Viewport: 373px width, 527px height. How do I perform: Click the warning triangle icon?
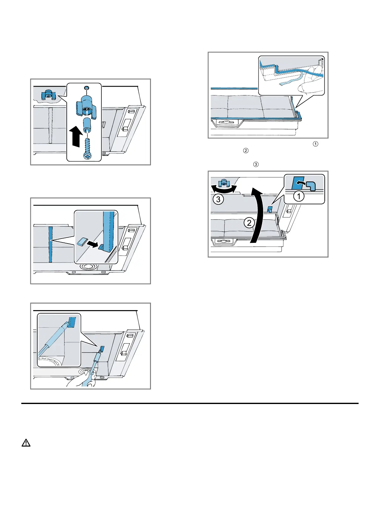[26, 443]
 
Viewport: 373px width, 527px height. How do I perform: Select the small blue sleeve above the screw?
[86, 125]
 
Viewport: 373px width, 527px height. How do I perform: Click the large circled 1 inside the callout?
[298, 196]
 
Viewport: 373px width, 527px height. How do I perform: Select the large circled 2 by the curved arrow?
[249, 223]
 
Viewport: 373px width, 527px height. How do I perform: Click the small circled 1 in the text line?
[315, 144]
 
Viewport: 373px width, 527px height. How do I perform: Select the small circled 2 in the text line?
[246, 151]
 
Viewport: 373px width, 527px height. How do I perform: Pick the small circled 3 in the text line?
[255, 164]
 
